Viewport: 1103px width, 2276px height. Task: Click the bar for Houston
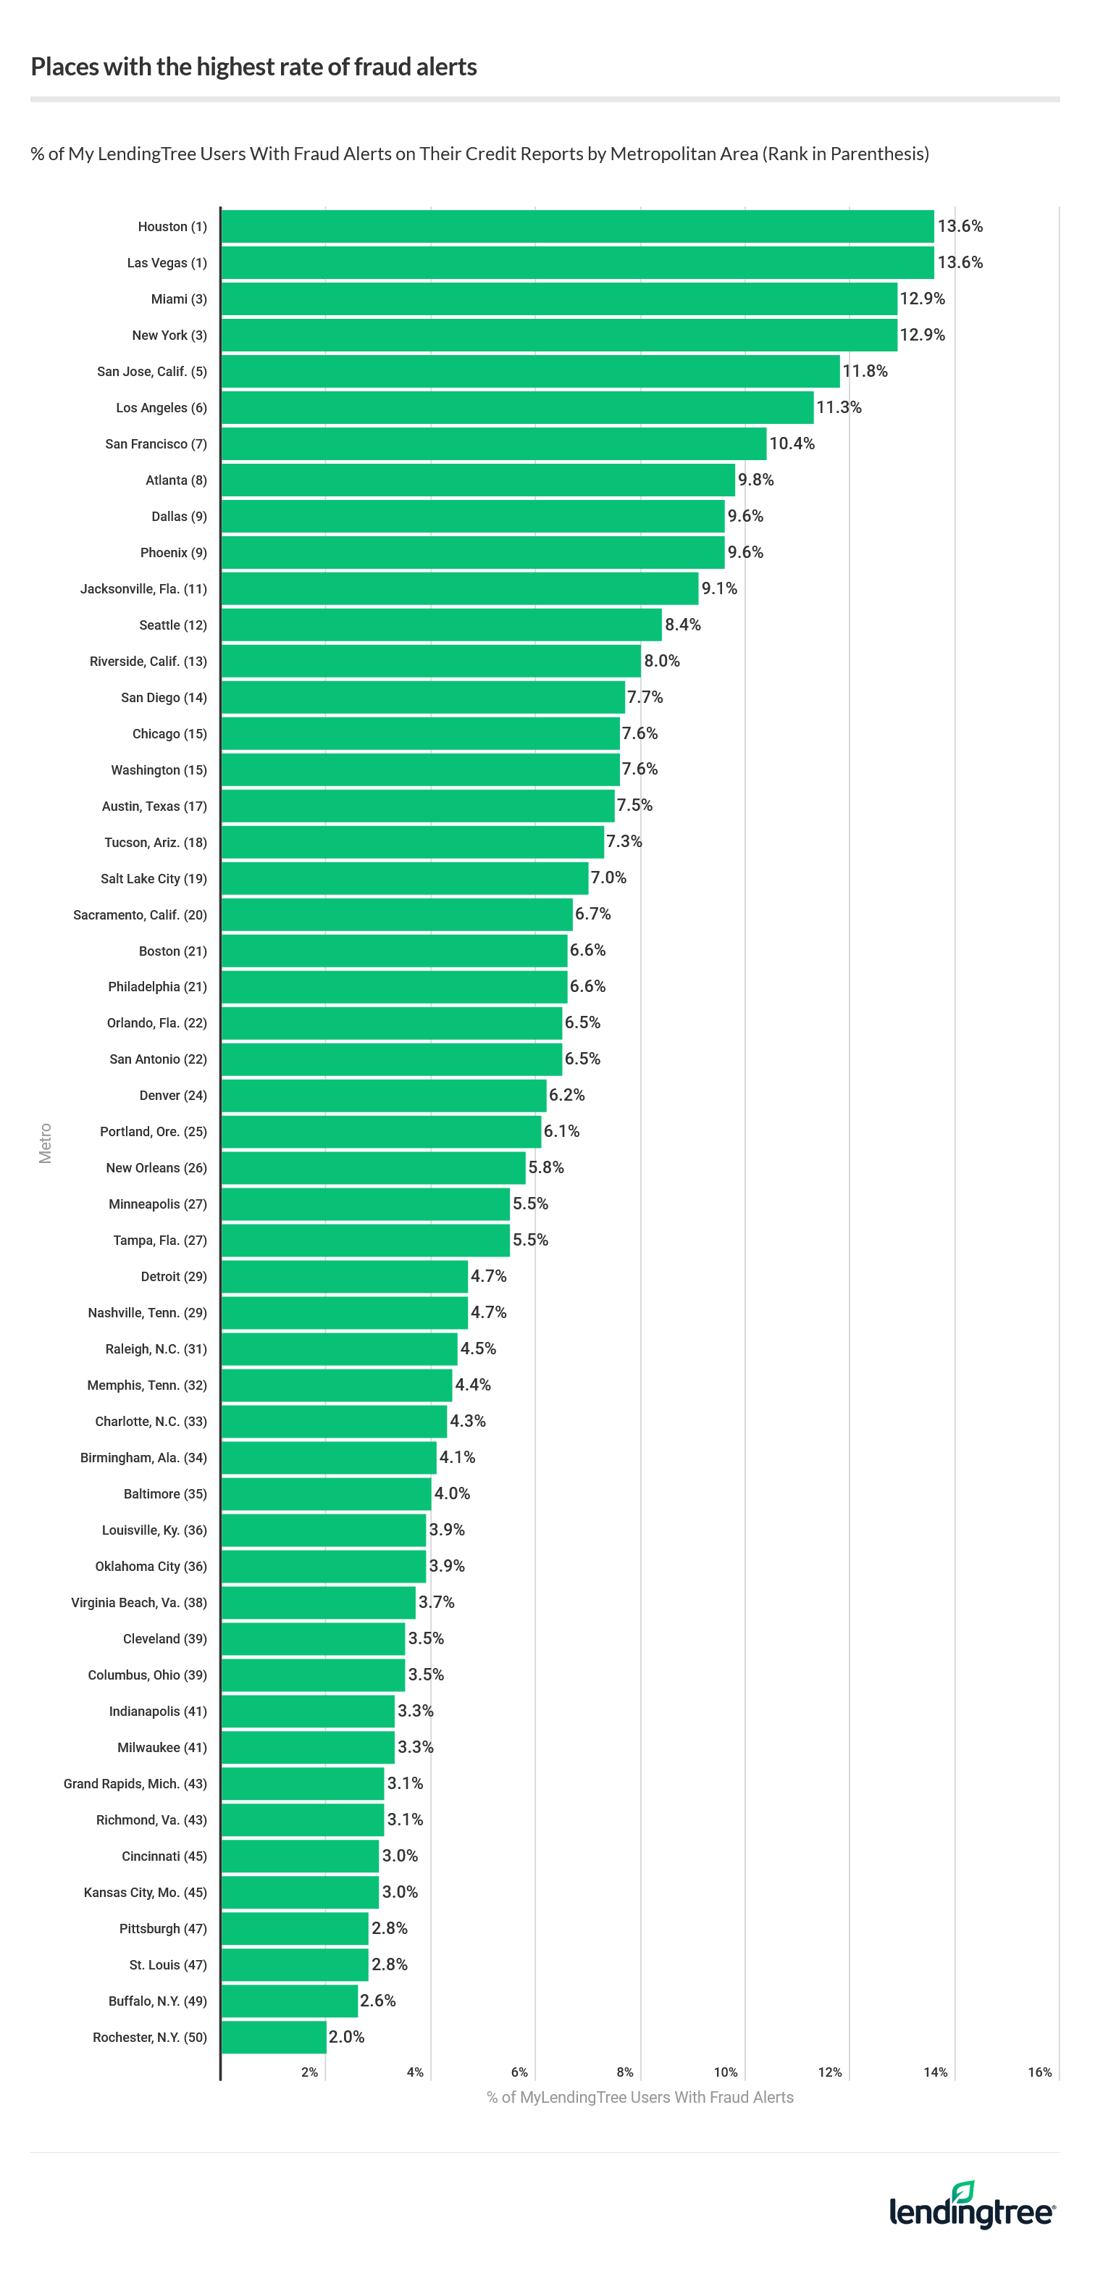(x=577, y=226)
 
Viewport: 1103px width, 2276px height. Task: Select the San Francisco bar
(x=494, y=443)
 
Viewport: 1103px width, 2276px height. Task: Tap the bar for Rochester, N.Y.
(x=274, y=2037)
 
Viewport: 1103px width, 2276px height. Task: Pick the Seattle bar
(x=442, y=625)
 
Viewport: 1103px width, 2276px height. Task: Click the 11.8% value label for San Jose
(x=865, y=371)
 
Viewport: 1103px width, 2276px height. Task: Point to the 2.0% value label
(x=346, y=2037)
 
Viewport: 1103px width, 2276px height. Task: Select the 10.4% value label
(x=792, y=443)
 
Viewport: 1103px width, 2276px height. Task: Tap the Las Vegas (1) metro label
(x=167, y=263)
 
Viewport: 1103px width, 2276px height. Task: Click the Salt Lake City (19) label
(x=154, y=879)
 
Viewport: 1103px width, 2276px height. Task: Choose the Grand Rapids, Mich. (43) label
(x=135, y=1784)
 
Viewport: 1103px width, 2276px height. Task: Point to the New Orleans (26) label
(x=156, y=1168)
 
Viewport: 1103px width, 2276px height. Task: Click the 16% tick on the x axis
(x=1039, y=2072)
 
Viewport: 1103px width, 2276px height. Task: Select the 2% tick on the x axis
(x=309, y=2072)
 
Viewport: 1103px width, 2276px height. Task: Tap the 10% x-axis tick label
(x=725, y=2072)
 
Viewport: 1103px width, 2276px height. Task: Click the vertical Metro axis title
(x=45, y=1143)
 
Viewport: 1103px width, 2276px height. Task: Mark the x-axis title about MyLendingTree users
(x=639, y=2098)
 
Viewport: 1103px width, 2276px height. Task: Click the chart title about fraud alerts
(x=253, y=67)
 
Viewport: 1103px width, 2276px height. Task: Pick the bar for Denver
(x=383, y=1096)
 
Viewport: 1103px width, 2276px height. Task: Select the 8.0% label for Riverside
(x=661, y=661)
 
